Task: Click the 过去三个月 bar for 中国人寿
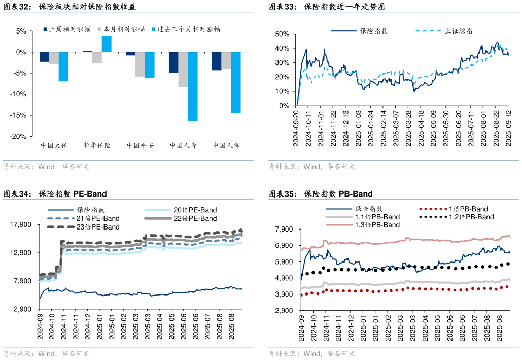[193, 86]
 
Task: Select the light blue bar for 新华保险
[107, 44]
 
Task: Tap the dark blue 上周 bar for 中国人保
[217, 61]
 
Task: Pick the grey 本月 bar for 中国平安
[140, 64]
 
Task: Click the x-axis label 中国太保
[54, 145]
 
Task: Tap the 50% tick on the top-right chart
[282, 34]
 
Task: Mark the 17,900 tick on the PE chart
[21, 225]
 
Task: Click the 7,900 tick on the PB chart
[283, 230]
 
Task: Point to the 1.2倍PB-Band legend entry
[471, 217]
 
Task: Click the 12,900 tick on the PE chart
[21, 253]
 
